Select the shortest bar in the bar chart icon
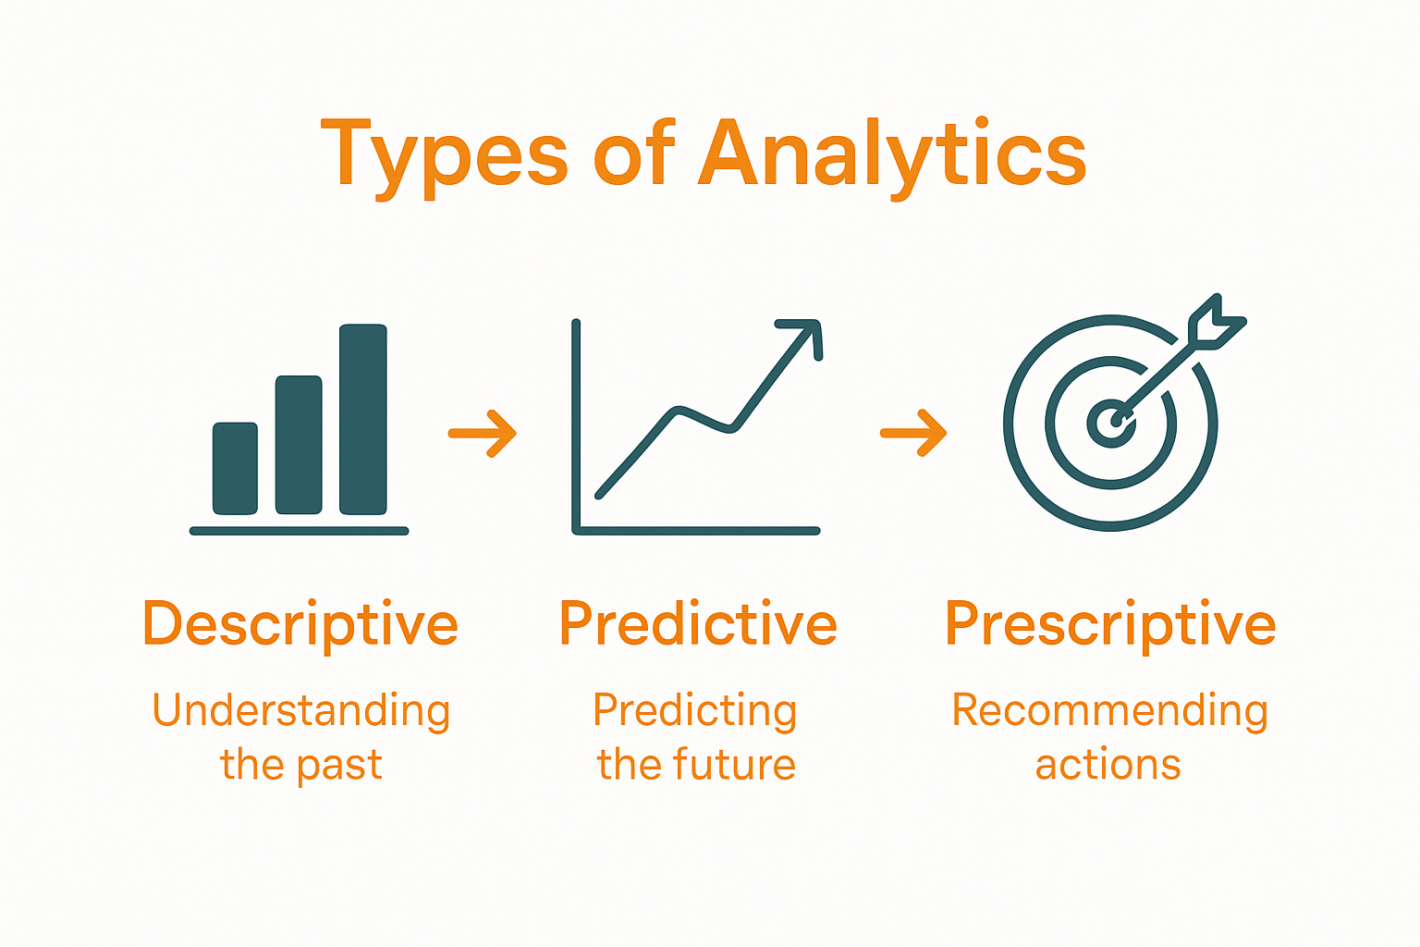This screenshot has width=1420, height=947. point(235,468)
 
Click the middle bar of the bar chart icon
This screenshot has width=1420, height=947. point(299,445)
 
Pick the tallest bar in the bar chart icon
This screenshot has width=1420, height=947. point(362,419)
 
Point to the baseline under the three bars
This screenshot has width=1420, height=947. point(299,531)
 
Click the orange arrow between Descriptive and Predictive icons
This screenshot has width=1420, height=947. point(483,433)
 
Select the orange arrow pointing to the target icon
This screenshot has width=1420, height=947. point(913,433)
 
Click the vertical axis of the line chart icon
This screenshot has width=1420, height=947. point(576,425)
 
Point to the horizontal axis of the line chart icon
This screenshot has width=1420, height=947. point(698,531)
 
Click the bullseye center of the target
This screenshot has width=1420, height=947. point(1109,423)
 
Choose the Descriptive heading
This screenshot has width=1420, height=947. point(300,624)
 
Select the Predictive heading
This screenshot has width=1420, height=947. point(698,624)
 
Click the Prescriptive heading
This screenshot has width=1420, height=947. point(1110,624)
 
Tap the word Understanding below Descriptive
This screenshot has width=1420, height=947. point(301,711)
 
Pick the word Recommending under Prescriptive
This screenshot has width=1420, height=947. point(1110,711)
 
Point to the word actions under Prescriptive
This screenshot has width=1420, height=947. point(1108,766)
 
